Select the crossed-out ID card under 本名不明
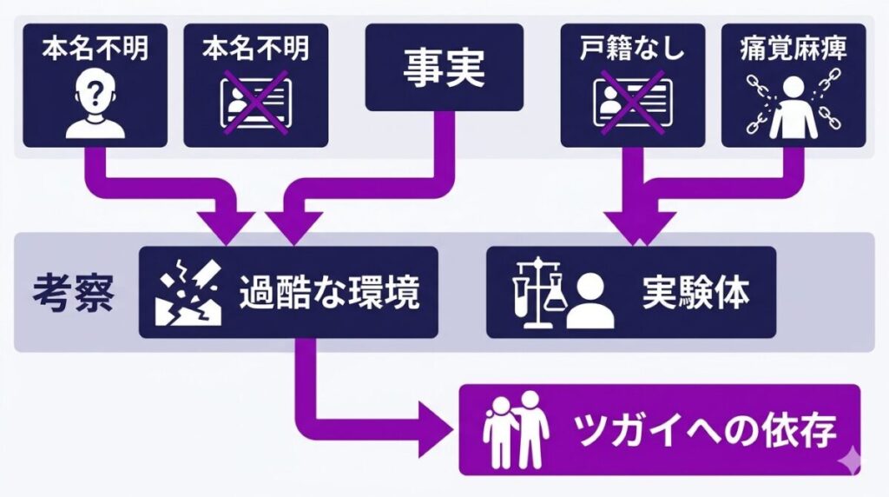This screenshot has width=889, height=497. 256,101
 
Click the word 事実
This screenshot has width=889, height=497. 444,68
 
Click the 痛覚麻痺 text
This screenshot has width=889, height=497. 794,49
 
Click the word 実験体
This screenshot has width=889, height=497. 695,294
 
